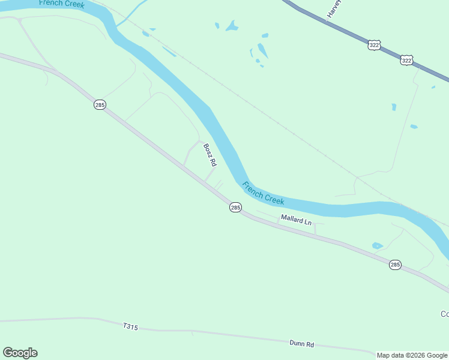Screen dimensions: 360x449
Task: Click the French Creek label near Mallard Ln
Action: (263, 193)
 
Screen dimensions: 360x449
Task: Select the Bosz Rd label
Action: (209, 155)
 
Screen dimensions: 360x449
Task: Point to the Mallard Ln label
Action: (297, 220)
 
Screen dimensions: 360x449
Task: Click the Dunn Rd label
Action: (302, 344)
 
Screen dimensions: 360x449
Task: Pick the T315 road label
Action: (130, 327)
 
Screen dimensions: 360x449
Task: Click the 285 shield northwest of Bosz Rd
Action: (100, 105)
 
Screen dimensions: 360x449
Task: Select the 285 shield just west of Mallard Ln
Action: (235, 207)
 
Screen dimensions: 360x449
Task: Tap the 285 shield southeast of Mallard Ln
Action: (394, 265)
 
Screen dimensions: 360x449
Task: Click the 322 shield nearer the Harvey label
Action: (374, 46)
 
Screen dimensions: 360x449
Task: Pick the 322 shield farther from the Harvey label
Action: (406, 60)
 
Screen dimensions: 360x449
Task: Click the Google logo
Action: (20, 353)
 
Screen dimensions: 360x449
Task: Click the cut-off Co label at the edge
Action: (444, 314)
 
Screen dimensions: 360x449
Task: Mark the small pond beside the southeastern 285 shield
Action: (377, 245)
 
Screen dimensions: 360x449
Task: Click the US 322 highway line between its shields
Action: (390, 53)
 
